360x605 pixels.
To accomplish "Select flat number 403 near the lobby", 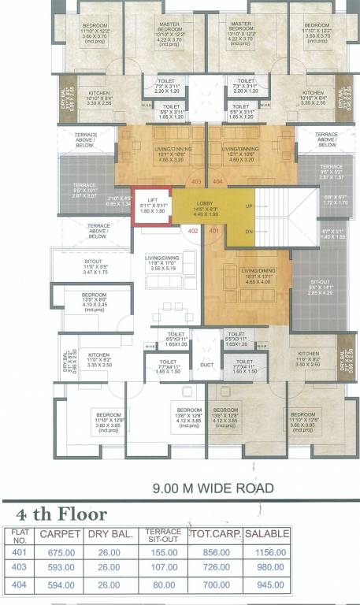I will click(x=196, y=181).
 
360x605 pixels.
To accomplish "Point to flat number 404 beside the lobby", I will click(x=217, y=181).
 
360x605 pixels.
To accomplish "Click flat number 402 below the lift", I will click(x=193, y=231).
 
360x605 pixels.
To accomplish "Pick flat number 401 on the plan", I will click(x=213, y=231).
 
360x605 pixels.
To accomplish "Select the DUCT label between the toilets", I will click(x=206, y=364).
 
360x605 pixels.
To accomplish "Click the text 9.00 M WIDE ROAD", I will click(x=213, y=488).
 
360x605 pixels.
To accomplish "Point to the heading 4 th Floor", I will click(x=62, y=514).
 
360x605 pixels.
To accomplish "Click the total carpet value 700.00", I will click(x=215, y=585).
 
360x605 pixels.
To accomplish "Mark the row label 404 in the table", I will click(x=19, y=585).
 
